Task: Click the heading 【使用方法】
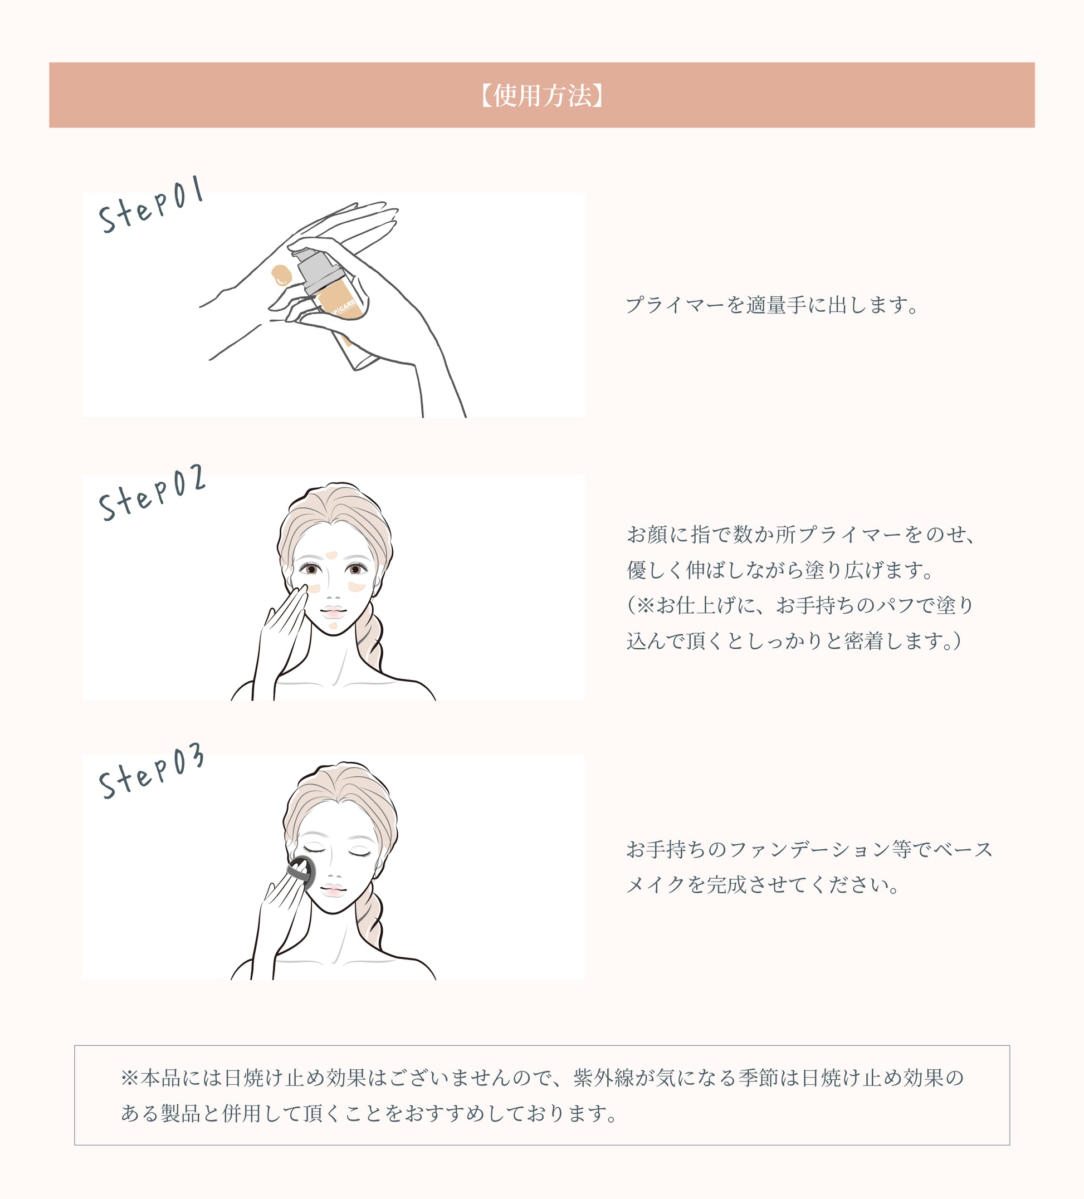(541, 95)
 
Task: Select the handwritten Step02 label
(152, 493)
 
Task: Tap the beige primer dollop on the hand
(280, 275)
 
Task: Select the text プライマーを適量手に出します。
(772, 305)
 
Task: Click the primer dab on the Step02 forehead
(332, 555)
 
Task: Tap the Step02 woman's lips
(334, 611)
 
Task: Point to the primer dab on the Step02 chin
(333, 625)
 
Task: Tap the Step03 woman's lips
(333, 890)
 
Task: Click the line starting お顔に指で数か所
(800, 535)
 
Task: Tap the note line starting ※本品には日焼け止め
(541, 1078)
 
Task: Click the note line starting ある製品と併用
(369, 1113)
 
